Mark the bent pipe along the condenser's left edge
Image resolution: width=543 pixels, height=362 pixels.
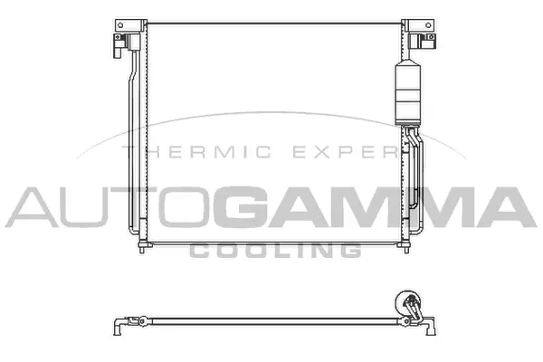(134, 136)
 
